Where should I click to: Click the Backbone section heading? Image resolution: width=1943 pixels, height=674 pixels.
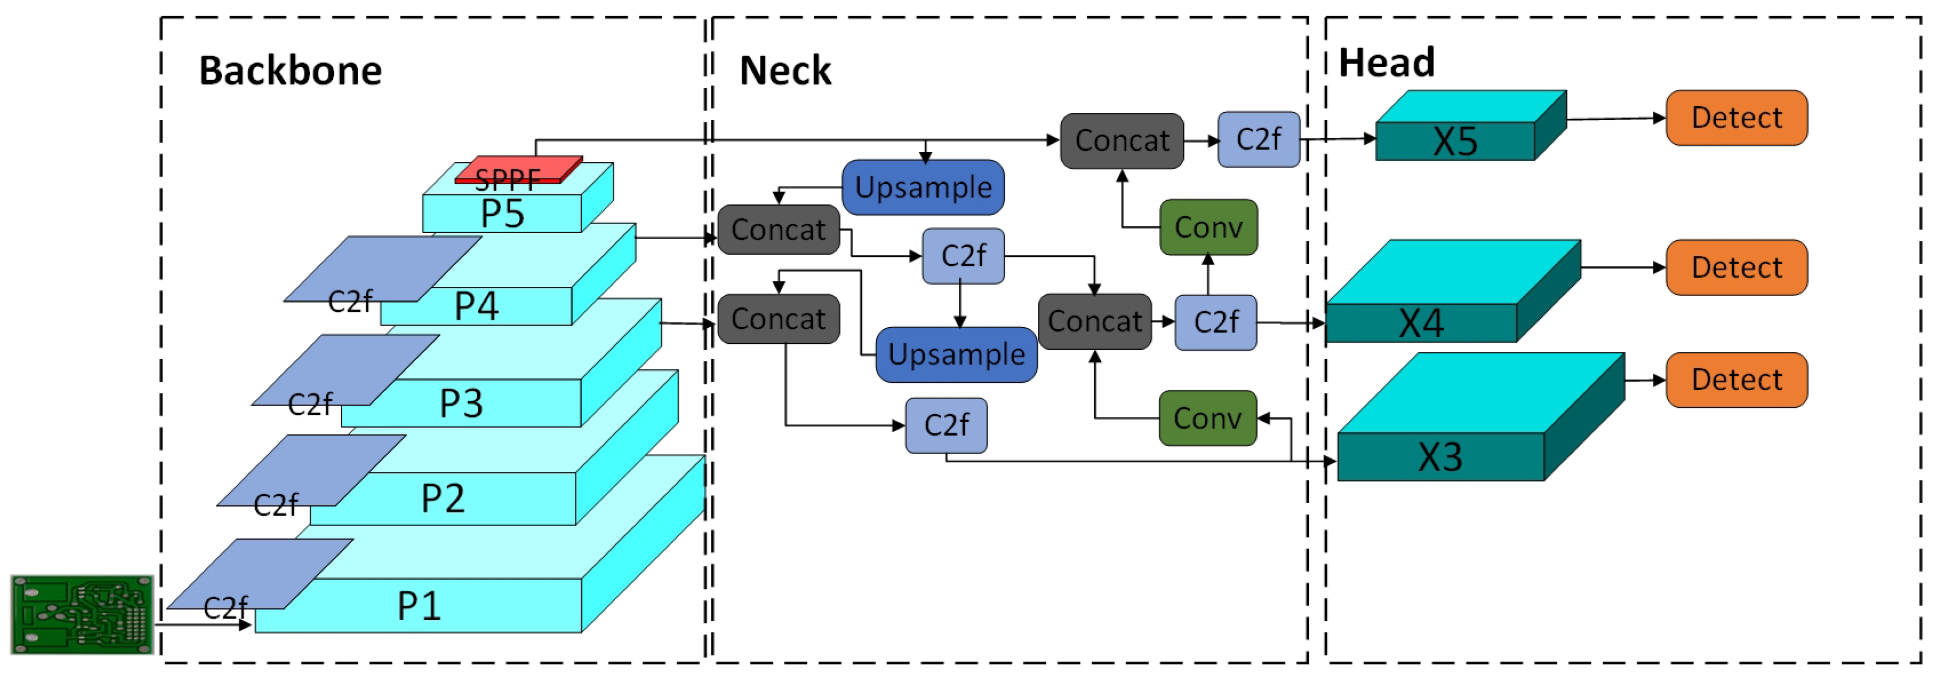(291, 71)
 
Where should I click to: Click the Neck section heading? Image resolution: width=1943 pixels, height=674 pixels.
(785, 71)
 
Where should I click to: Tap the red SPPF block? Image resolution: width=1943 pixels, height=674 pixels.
(519, 170)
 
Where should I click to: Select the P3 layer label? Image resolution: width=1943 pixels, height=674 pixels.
(461, 403)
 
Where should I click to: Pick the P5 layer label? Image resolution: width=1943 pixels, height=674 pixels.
(502, 214)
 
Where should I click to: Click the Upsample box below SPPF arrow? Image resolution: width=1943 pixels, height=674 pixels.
(923, 187)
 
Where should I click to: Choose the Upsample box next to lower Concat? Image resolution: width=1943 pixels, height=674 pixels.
(957, 355)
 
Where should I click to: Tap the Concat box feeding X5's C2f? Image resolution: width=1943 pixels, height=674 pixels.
(1121, 140)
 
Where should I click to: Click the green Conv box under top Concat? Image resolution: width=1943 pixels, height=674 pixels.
(1208, 227)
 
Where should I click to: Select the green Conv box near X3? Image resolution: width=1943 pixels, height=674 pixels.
(1208, 418)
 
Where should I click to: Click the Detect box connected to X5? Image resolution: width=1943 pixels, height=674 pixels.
(1737, 118)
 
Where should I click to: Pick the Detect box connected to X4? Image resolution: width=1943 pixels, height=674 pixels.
(1737, 267)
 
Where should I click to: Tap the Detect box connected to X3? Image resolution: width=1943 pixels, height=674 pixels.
(1737, 380)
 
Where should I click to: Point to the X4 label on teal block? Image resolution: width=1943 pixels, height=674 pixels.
(1421, 324)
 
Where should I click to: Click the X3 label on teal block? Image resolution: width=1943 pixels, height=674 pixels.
(1440, 457)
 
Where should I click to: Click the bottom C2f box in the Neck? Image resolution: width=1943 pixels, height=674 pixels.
(946, 426)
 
